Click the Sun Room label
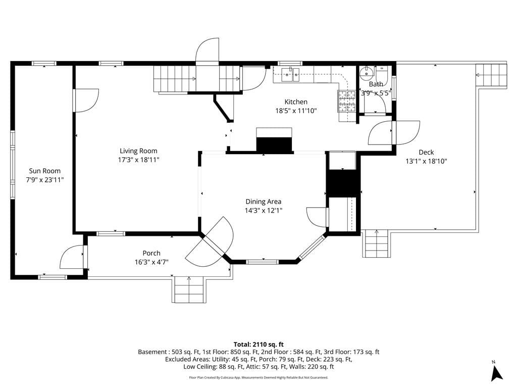coord(44,171)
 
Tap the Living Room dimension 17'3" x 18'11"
coord(138,160)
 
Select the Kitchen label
coord(296,102)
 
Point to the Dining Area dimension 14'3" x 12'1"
coord(264,210)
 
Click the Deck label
coord(426,152)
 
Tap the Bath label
coord(376,84)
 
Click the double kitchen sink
coord(291,75)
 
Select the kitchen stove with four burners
coord(347,101)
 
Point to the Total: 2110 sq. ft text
coord(258,344)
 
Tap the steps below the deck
coord(376,244)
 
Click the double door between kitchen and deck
coord(394,132)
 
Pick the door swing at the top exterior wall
coord(208,52)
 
